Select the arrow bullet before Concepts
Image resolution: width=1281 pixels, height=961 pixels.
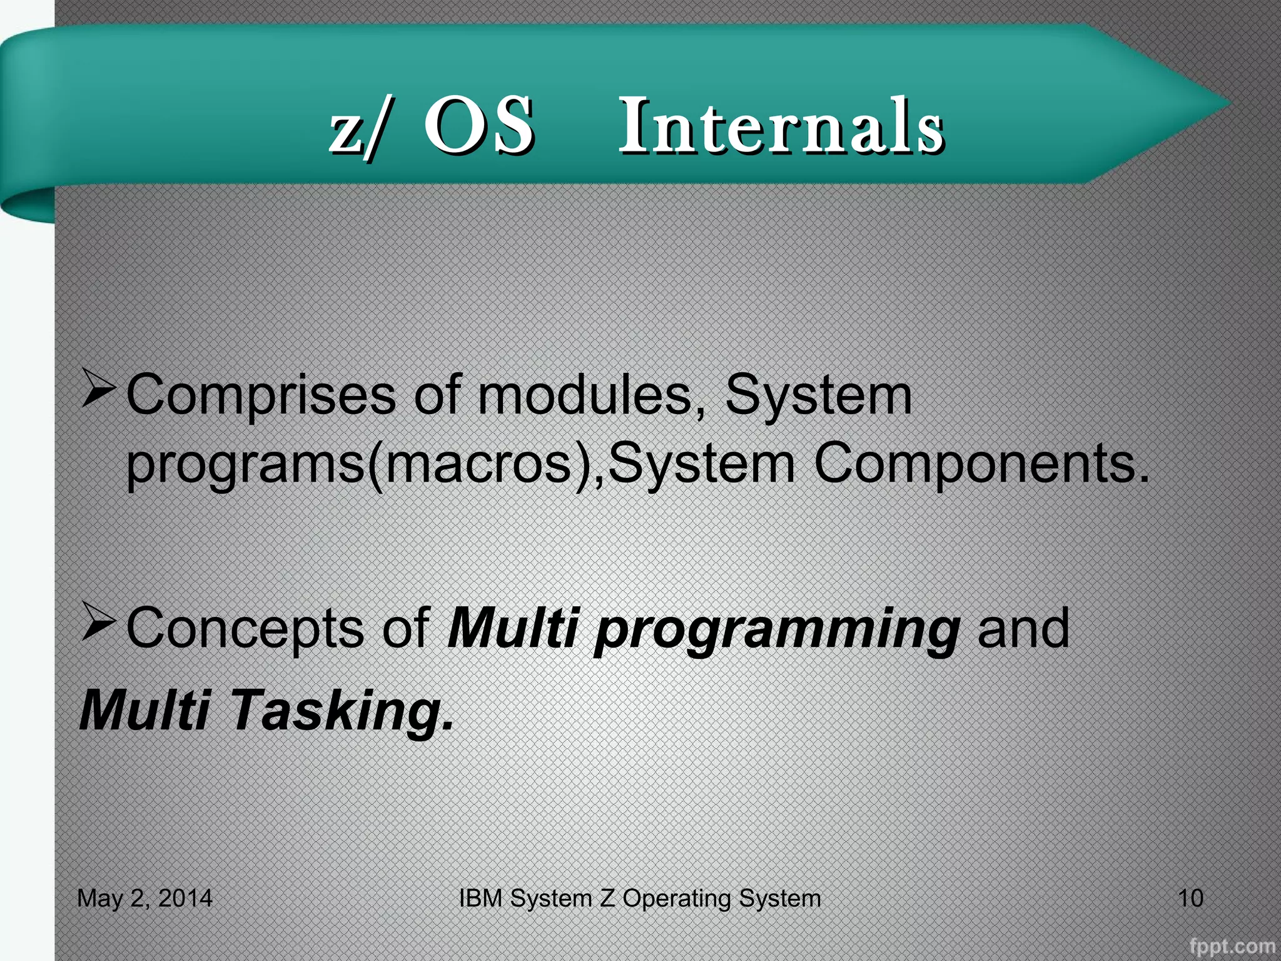98,622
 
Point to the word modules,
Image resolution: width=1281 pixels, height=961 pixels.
591,396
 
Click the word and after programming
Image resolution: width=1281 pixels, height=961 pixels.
1023,629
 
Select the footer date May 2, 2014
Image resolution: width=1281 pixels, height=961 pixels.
144,898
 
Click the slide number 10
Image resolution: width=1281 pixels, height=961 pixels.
1190,898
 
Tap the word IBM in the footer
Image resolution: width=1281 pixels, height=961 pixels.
480,898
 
